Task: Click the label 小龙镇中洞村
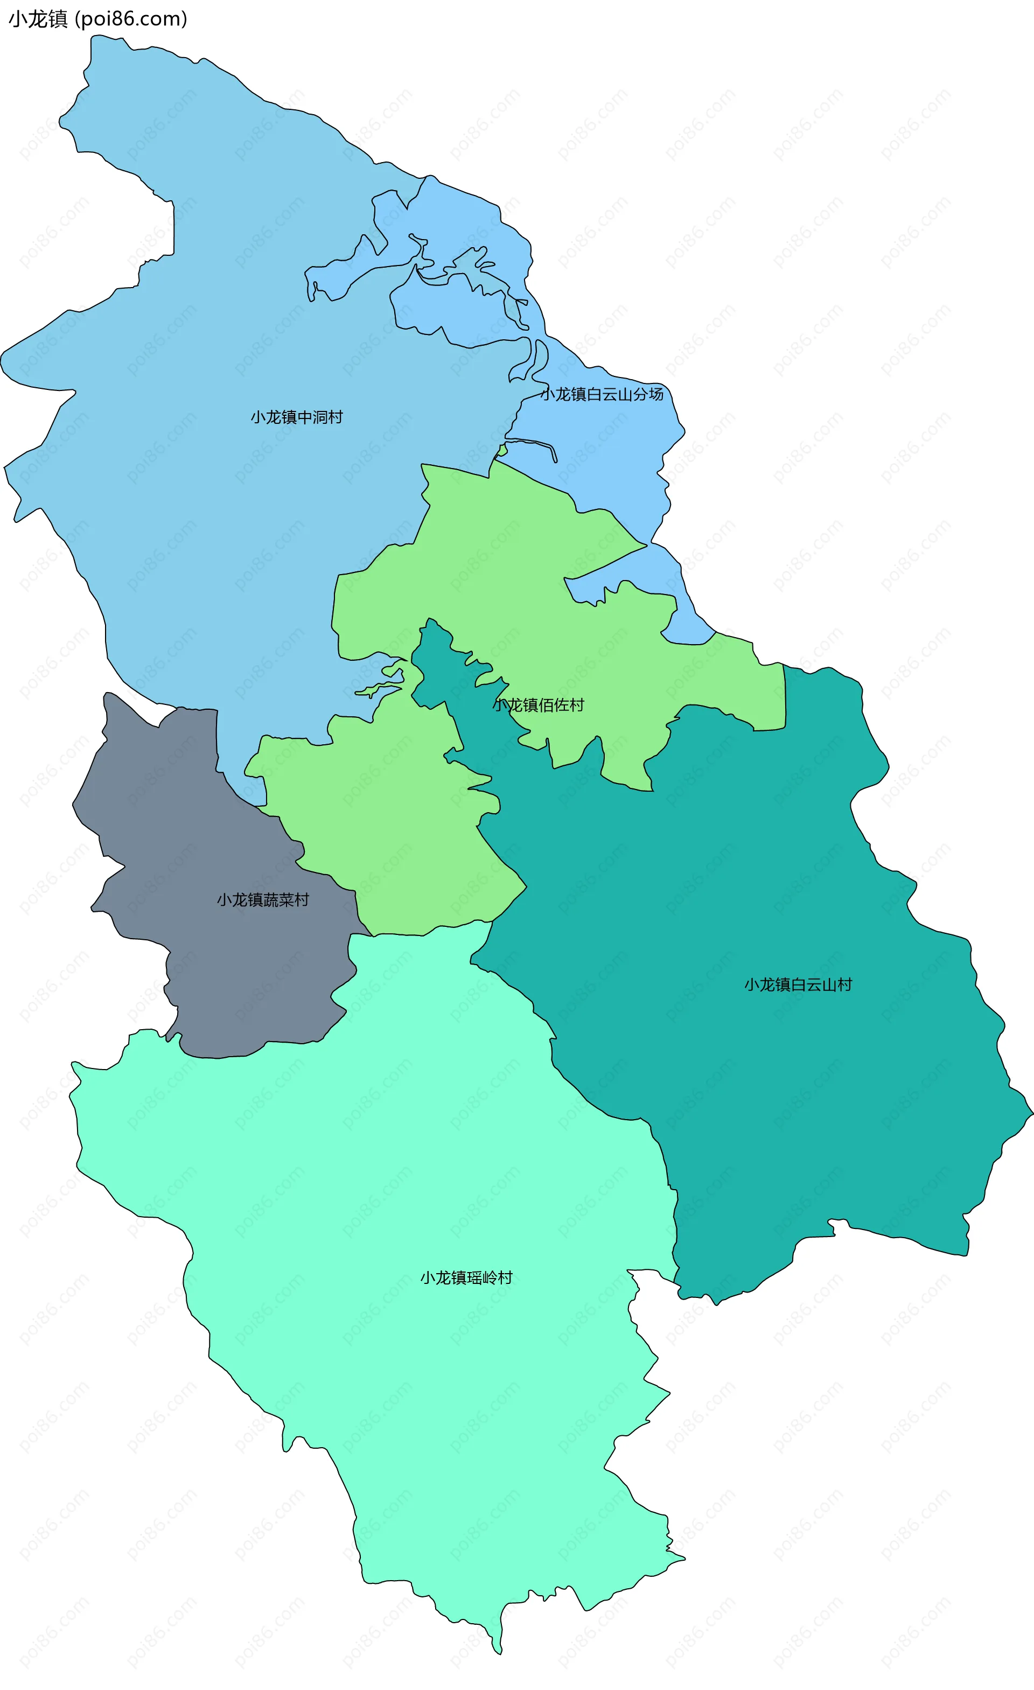pos(296,417)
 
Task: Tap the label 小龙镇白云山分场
pos(602,394)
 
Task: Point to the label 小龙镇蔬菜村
pos(263,899)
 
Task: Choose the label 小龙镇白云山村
pos(798,984)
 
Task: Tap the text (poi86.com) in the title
pos(130,19)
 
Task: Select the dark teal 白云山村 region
pos(754,1098)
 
